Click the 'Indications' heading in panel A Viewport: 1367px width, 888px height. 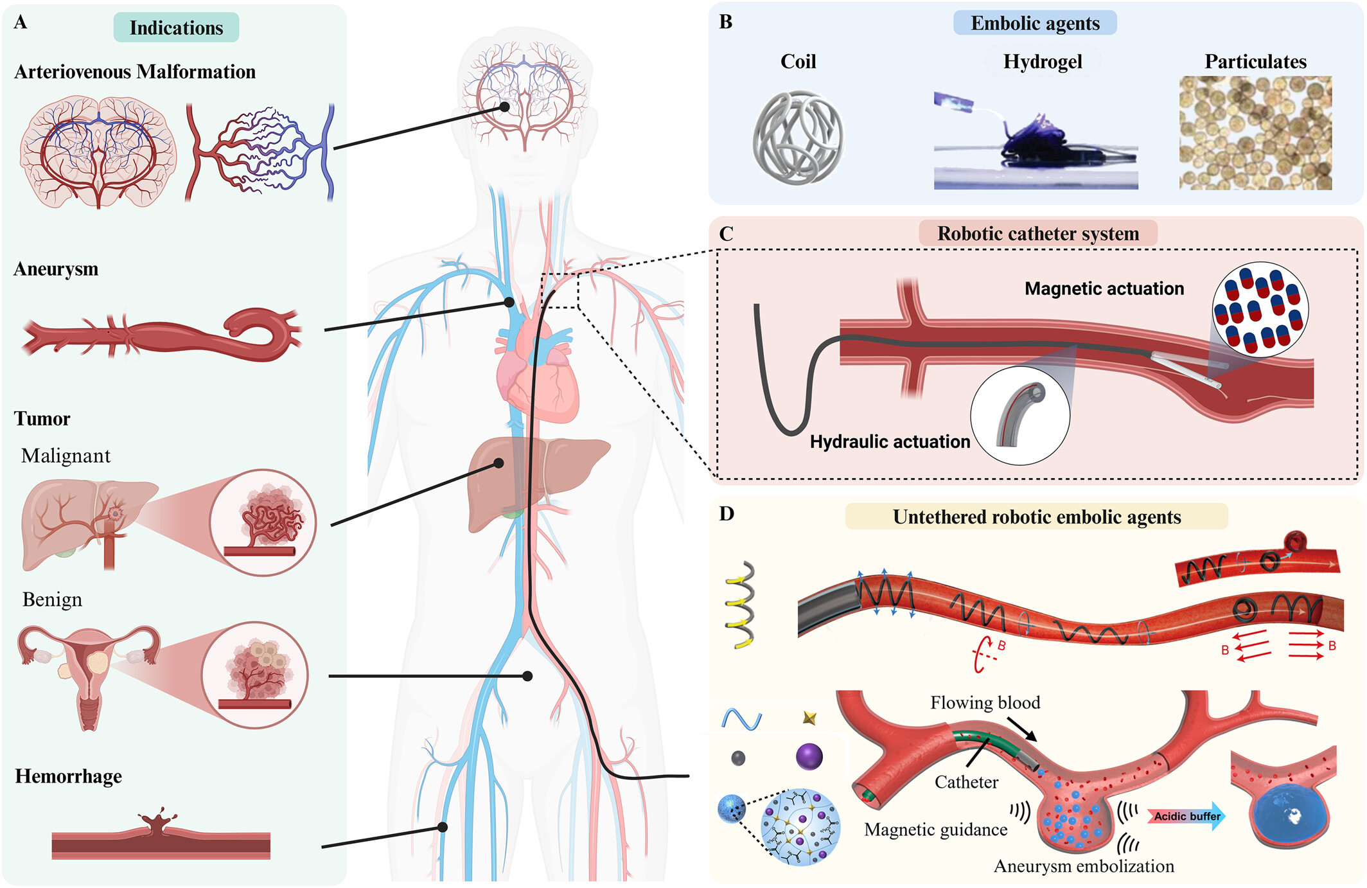click(x=176, y=28)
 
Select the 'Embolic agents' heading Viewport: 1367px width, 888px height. click(x=1035, y=23)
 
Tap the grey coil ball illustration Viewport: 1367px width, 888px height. click(x=798, y=138)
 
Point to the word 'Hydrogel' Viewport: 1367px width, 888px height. click(x=1043, y=62)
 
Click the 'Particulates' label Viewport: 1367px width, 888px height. click(x=1255, y=62)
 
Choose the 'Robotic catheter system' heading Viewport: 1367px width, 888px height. click(x=1037, y=233)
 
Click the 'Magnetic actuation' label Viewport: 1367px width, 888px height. click(x=1104, y=289)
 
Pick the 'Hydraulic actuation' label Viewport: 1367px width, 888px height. click(x=890, y=441)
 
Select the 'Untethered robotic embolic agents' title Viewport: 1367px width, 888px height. click(x=1036, y=517)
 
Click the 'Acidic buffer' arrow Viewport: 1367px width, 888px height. click(x=1186, y=816)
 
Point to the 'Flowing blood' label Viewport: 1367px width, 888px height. click(x=985, y=702)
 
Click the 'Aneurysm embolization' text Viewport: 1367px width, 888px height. click(x=1084, y=866)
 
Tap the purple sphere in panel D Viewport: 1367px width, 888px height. click(x=809, y=756)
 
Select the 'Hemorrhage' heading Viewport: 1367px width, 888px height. click(x=68, y=776)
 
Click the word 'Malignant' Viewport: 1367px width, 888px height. click(x=66, y=456)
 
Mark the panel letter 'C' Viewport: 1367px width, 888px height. click(x=726, y=234)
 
